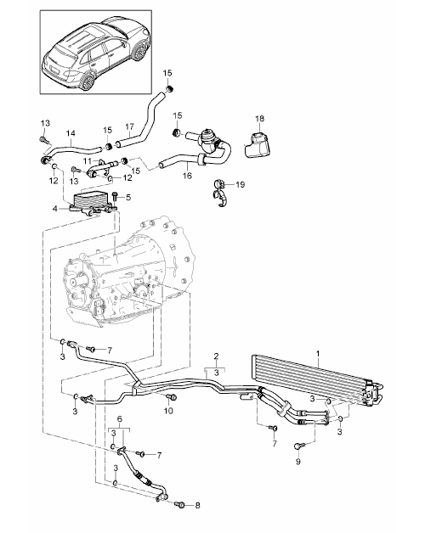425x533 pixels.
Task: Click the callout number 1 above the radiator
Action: (x=318, y=354)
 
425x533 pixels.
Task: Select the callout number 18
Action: (x=259, y=119)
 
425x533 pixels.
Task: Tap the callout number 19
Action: (x=241, y=184)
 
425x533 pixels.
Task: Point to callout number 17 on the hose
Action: (x=129, y=126)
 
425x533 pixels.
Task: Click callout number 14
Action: (x=71, y=133)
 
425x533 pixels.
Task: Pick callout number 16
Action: (x=187, y=176)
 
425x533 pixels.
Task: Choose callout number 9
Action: (x=298, y=462)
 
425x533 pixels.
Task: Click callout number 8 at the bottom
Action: (x=197, y=506)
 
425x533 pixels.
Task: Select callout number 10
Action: (x=168, y=411)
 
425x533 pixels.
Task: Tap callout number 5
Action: (x=128, y=197)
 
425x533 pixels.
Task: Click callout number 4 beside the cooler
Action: (x=55, y=209)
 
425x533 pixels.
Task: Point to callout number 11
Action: (x=88, y=160)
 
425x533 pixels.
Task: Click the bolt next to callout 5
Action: (x=115, y=198)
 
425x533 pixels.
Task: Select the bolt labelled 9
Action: (x=298, y=446)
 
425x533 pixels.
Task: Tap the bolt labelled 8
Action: (x=180, y=505)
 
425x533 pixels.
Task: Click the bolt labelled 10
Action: (x=172, y=396)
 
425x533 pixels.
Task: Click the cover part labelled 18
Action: (x=258, y=146)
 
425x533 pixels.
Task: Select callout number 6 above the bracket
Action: (x=120, y=419)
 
